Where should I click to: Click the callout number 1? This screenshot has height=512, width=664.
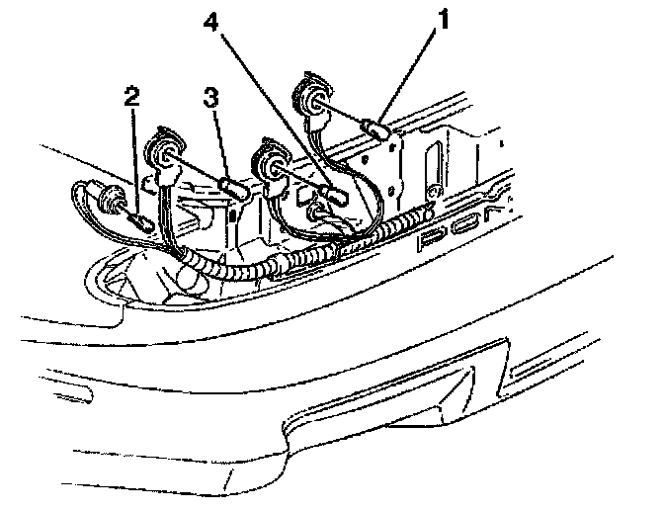(x=443, y=19)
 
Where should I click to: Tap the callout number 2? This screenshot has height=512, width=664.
(x=130, y=96)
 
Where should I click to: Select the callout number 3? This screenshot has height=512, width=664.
(x=209, y=97)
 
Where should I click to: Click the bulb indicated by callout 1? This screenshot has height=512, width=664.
(x=376, y=128)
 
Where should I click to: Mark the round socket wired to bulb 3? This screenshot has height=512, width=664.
(x=161, y=153)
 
